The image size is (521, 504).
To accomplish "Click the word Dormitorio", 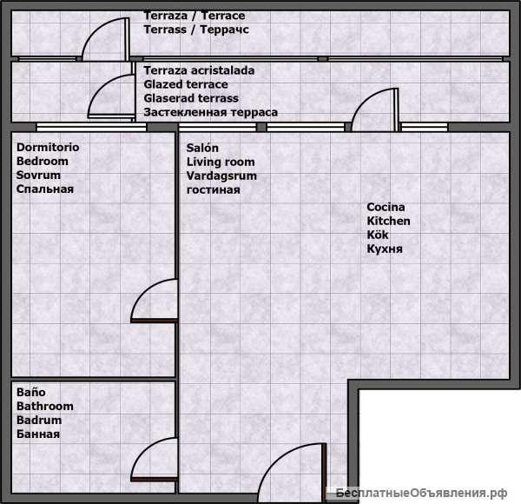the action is tap(48, 147).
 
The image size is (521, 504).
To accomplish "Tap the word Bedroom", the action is tap(43, 162).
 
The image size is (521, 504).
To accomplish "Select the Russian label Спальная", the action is tap(45, 189).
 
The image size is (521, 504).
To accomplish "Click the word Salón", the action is tap(202, 148).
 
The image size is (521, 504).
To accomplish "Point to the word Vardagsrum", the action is tap(221, 176).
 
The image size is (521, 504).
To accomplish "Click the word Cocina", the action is tap(386, 207).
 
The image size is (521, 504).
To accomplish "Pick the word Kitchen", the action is tap(388, 221).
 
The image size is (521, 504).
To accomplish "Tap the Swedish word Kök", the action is tap(378, 235).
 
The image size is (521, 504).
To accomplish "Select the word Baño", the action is tap(31, 392).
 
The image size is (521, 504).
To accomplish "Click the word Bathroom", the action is tap(45, 407).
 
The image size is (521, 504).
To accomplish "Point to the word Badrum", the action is tap(39, 421).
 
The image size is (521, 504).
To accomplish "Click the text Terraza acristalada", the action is tap(199, 70).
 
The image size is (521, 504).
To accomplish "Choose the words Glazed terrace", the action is tap(186, 84).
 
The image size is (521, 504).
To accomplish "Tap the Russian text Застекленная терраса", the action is tap(211, 112).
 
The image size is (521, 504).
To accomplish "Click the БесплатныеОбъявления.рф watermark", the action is tap(421, 493).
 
